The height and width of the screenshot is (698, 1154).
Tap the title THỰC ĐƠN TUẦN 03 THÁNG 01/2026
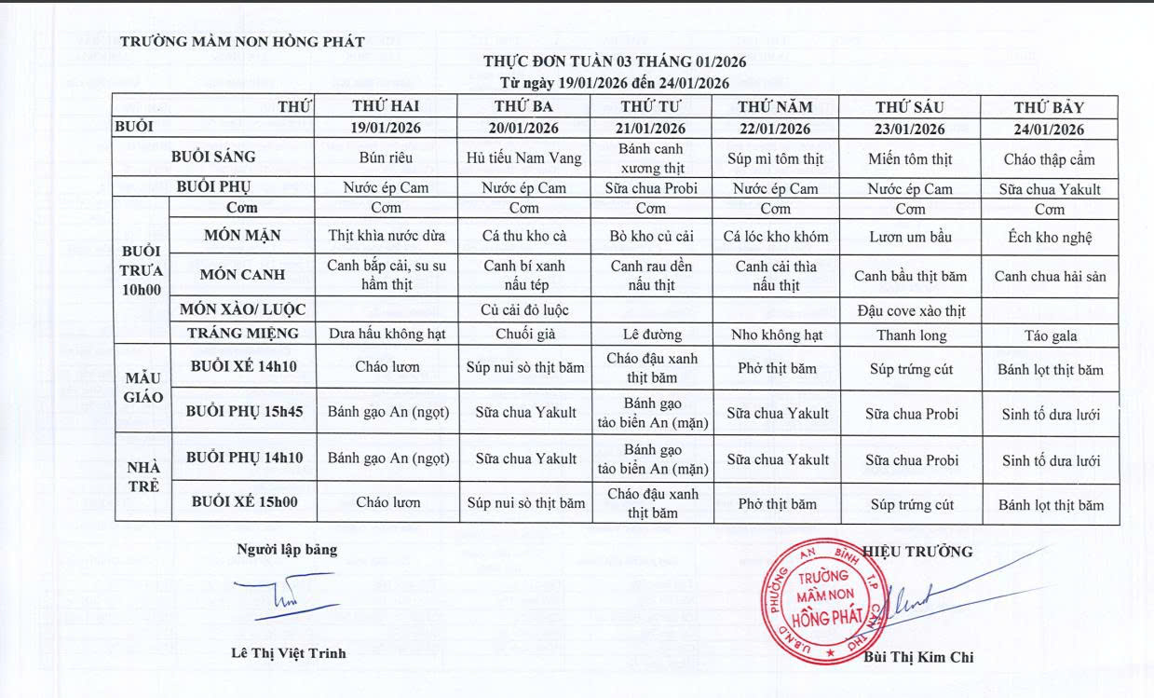tap(615, 62)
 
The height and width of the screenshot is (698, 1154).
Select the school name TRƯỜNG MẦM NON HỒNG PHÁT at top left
tap(242, 42)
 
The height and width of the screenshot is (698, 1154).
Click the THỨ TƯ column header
tap(651, 106)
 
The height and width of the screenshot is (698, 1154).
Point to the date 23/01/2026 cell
tap(910, 129)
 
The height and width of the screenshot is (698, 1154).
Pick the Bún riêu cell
tap(386, 158)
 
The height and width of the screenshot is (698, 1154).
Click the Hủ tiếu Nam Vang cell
tap(523, 158)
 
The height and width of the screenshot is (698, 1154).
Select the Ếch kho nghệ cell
tap(1050, 237)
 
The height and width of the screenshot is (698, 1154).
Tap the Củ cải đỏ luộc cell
tap(523, 309)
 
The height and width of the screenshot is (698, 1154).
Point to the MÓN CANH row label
tap(242, 275)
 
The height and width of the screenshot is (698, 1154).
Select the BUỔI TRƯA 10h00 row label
tap(142, 270)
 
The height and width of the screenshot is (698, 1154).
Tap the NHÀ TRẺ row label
tap(142, 476)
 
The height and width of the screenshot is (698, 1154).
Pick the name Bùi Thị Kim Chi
tap(918, 657)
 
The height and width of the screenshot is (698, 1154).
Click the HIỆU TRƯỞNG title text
tap(918, 552)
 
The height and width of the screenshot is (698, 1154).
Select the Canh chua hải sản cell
tap(1050, 276)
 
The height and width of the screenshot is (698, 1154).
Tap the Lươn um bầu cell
tap(910, 237)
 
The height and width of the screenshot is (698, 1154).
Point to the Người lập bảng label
tap(287, 550)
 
